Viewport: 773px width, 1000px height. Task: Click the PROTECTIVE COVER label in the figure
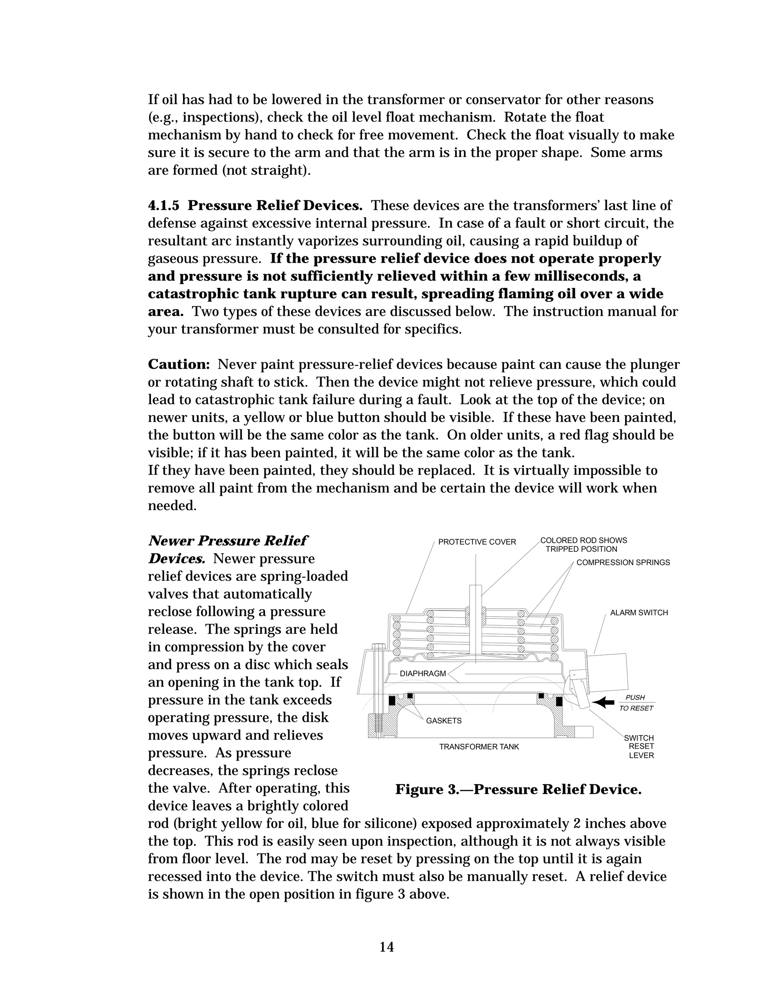477,542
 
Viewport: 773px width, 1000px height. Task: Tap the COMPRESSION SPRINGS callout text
623,562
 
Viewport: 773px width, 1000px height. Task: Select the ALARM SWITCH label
639,612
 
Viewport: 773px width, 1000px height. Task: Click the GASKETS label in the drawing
444,721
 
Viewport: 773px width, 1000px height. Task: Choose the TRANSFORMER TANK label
479,747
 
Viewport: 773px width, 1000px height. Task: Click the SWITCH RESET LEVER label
641,746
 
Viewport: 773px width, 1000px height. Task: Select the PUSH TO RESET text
636,703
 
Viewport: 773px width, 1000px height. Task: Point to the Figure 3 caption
518,789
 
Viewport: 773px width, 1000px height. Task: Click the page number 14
386,947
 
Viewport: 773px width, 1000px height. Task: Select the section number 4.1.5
163,206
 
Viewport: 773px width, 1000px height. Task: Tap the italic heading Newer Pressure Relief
228,541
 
